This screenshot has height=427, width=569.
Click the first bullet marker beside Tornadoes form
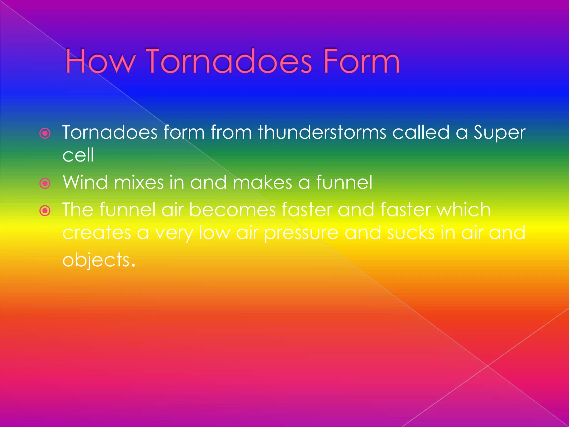click(45, 134)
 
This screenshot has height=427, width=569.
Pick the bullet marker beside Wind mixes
click(45, 183)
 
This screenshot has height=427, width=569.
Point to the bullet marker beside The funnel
click(45, 211)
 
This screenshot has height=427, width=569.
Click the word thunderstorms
click(322, 132)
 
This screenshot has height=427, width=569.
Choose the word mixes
click(139, 182)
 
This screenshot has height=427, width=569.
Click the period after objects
click(133, 265)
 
